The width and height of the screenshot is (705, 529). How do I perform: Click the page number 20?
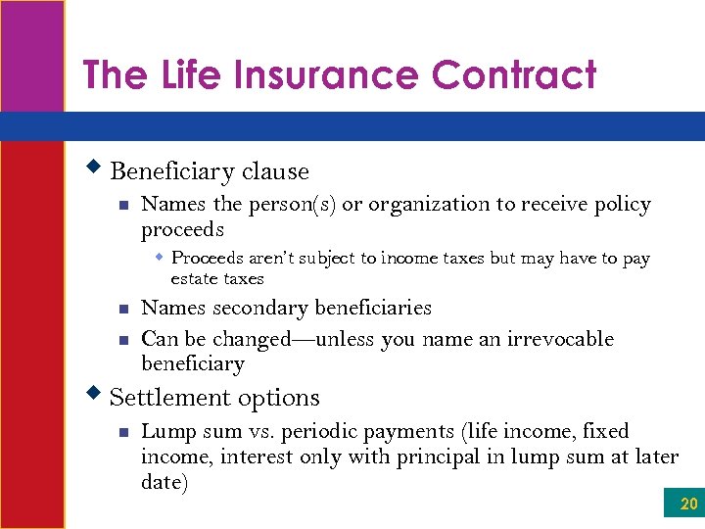tap(689, 505)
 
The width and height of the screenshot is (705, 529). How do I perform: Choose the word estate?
tap(193, 278)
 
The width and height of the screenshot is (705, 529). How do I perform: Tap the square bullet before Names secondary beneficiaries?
tap(122, 309)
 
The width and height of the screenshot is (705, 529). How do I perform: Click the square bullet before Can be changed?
tap(122, 340)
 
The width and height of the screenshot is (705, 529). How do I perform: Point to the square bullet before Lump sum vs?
tap(122, 432)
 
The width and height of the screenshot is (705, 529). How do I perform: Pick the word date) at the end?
tap(164, 481)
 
